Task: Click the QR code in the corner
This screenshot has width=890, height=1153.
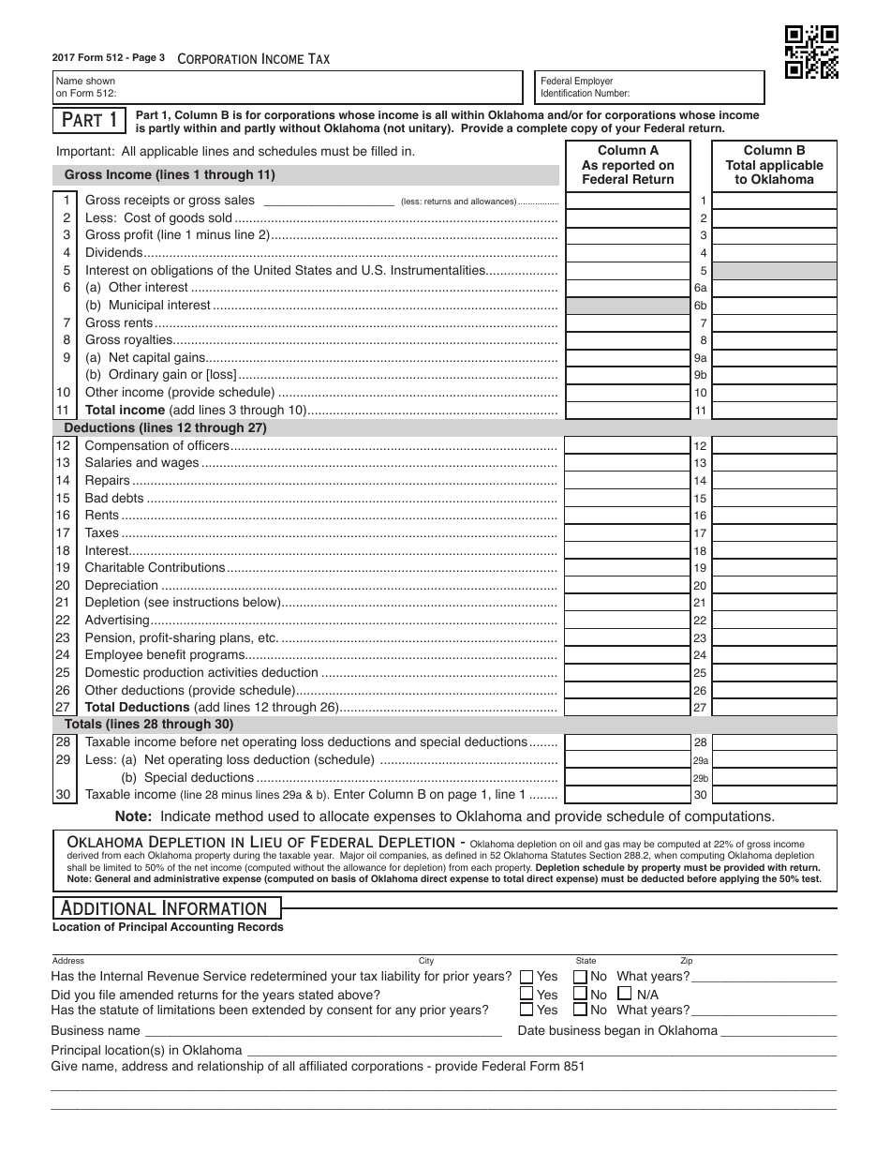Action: tap(810, 52)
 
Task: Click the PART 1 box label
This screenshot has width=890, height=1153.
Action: tap(90, 120)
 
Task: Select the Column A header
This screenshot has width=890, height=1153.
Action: tap(628, 164)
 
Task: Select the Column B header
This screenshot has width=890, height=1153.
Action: tap(774, 164)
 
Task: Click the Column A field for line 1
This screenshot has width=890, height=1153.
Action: tap(628, 201)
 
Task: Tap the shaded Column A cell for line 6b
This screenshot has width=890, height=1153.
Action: tap(628, 306)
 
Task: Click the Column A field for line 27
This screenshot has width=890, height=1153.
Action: tap(628, 708)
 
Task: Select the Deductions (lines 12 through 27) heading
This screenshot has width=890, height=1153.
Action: tap(165, 428)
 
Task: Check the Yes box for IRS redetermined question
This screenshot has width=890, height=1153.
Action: tap(527, 977)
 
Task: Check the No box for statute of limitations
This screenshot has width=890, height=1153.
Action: tap(580, 1011)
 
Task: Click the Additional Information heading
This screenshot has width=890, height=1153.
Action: tap(165, 908)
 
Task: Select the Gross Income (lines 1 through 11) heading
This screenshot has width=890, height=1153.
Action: tap(170, 174)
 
